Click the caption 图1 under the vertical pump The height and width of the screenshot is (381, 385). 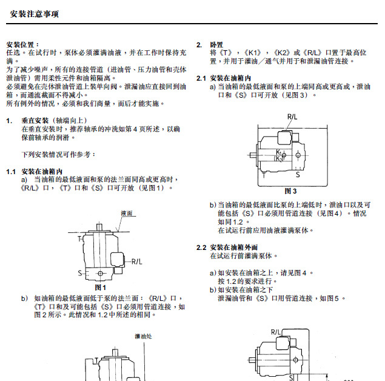(x=101, y=287)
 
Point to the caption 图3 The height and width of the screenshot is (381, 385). (x=290, y=190)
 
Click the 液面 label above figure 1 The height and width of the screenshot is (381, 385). (x=127, y=214)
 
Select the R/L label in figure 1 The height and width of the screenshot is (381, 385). (x=138, y=261)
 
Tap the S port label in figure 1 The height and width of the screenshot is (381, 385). (x=79, y=274)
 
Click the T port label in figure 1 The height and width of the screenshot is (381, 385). (x=79, y=240)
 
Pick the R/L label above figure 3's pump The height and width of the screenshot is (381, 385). (x=292, y=116)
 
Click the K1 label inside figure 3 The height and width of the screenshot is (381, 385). (x=278, y=151)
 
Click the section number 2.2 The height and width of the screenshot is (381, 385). (x=202, y=248)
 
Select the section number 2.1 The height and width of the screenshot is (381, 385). (x=202, y=79)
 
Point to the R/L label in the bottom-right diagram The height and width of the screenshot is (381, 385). (x=275, y=331)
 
